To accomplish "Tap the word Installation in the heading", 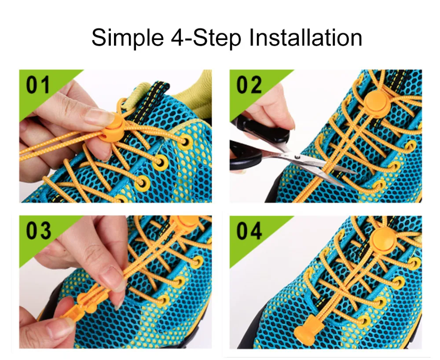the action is point(306,37).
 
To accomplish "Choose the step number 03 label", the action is point(38,230).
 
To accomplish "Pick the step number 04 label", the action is point(249,230).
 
